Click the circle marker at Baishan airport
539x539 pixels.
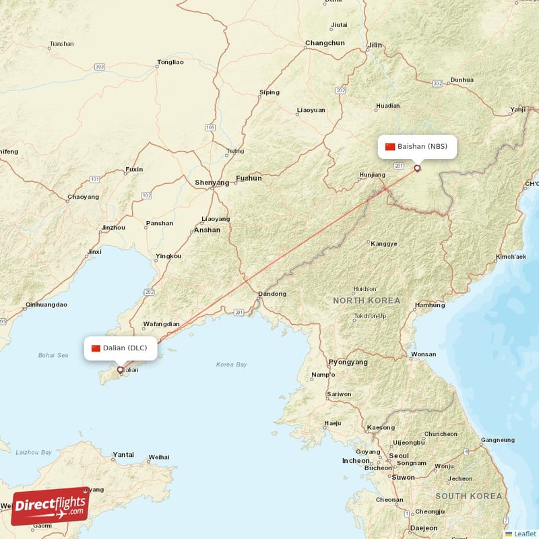coord(417,168)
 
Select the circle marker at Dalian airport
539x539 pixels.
coord(121,369)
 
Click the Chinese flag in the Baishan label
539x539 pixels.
coord(390,146)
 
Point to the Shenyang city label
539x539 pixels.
coord(212,183)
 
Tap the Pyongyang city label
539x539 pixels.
coord(348,362)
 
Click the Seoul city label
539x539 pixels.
coord(400,455)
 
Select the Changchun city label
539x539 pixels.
coord(325,43)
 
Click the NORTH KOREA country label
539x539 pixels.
coord(367,300)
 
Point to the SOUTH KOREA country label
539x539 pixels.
coord(469,496)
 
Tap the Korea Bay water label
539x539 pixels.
coord(231,364)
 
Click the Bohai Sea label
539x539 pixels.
coord(53,355)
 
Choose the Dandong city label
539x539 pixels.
coord(273,294)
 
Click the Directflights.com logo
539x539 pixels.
coord(50,506)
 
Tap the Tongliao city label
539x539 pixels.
coord(170,62)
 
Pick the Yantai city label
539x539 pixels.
coord(123,455)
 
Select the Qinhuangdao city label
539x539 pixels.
coord(46,305)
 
